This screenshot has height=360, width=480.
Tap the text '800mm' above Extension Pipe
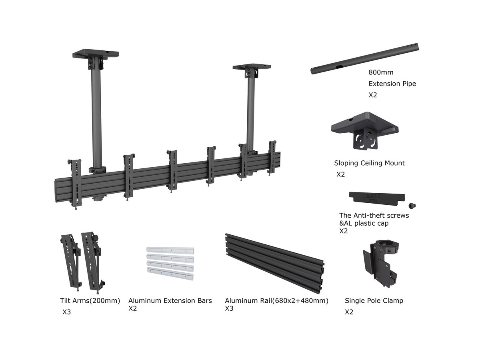click(x=381, y=72)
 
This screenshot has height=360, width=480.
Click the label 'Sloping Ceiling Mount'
click(x=369, y=163)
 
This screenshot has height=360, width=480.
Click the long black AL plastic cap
click(x=376, y=197)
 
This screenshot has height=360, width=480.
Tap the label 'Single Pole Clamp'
click(x=374, y=301)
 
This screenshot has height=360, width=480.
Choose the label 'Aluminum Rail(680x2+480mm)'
click(x=276, y=301)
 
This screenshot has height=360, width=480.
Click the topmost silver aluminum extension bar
click(x=170, y=250)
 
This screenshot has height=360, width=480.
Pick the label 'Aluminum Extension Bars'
click(x=170, y=301)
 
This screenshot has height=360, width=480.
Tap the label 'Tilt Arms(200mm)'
click(x=90, y=301)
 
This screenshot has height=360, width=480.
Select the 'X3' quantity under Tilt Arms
click(x=66, y=312)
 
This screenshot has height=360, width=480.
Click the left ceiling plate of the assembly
click(x=96, y=54)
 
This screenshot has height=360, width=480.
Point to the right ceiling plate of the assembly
click(x=252, y=67)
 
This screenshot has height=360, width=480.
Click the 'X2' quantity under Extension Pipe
click(x=373, y=95)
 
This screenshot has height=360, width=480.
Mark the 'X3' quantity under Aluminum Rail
click(x=229, y=308)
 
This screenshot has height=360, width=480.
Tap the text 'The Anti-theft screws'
click(x=374, y=216)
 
